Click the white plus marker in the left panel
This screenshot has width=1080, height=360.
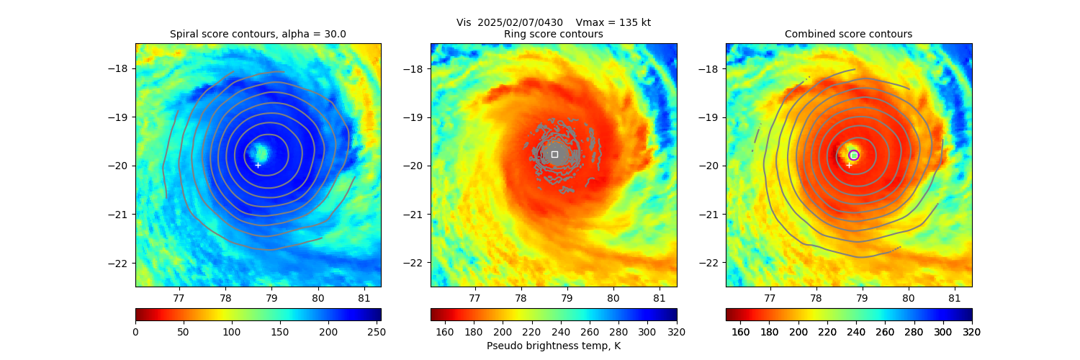click(x=258, y=165)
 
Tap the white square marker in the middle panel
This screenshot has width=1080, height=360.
click(x=554, y=154)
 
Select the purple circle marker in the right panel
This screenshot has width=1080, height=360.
click(x=854, y=155)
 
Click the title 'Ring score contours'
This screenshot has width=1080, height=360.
click(x=553, y=34)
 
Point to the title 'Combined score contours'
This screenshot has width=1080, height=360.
click(x=848, y=34)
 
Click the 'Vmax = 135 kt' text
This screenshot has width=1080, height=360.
click(x=613, y=22)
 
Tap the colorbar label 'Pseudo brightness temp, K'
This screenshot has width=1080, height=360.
click(x=553, y=346)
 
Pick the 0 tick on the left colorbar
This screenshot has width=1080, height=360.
click(x=135, y=331)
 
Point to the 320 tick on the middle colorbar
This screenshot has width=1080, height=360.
click(x=677, y=331)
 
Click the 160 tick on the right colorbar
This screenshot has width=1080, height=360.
click(x=741, y=331)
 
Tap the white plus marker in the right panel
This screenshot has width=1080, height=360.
click(x=849, y=165)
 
